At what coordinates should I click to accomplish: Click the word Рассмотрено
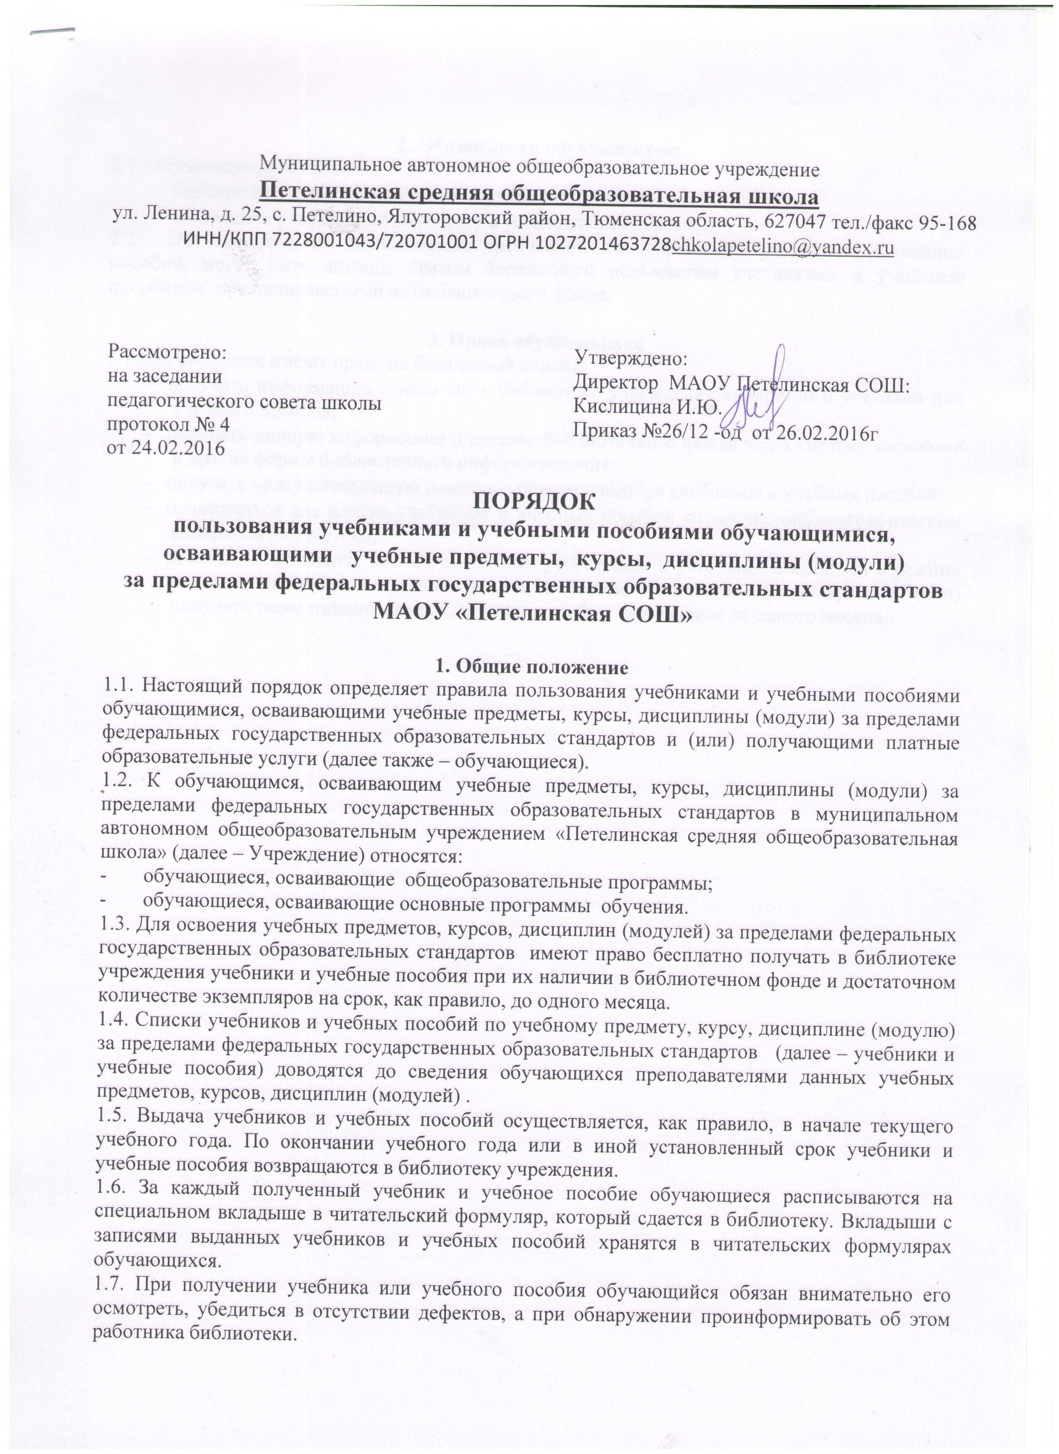[x=167, y=352]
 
